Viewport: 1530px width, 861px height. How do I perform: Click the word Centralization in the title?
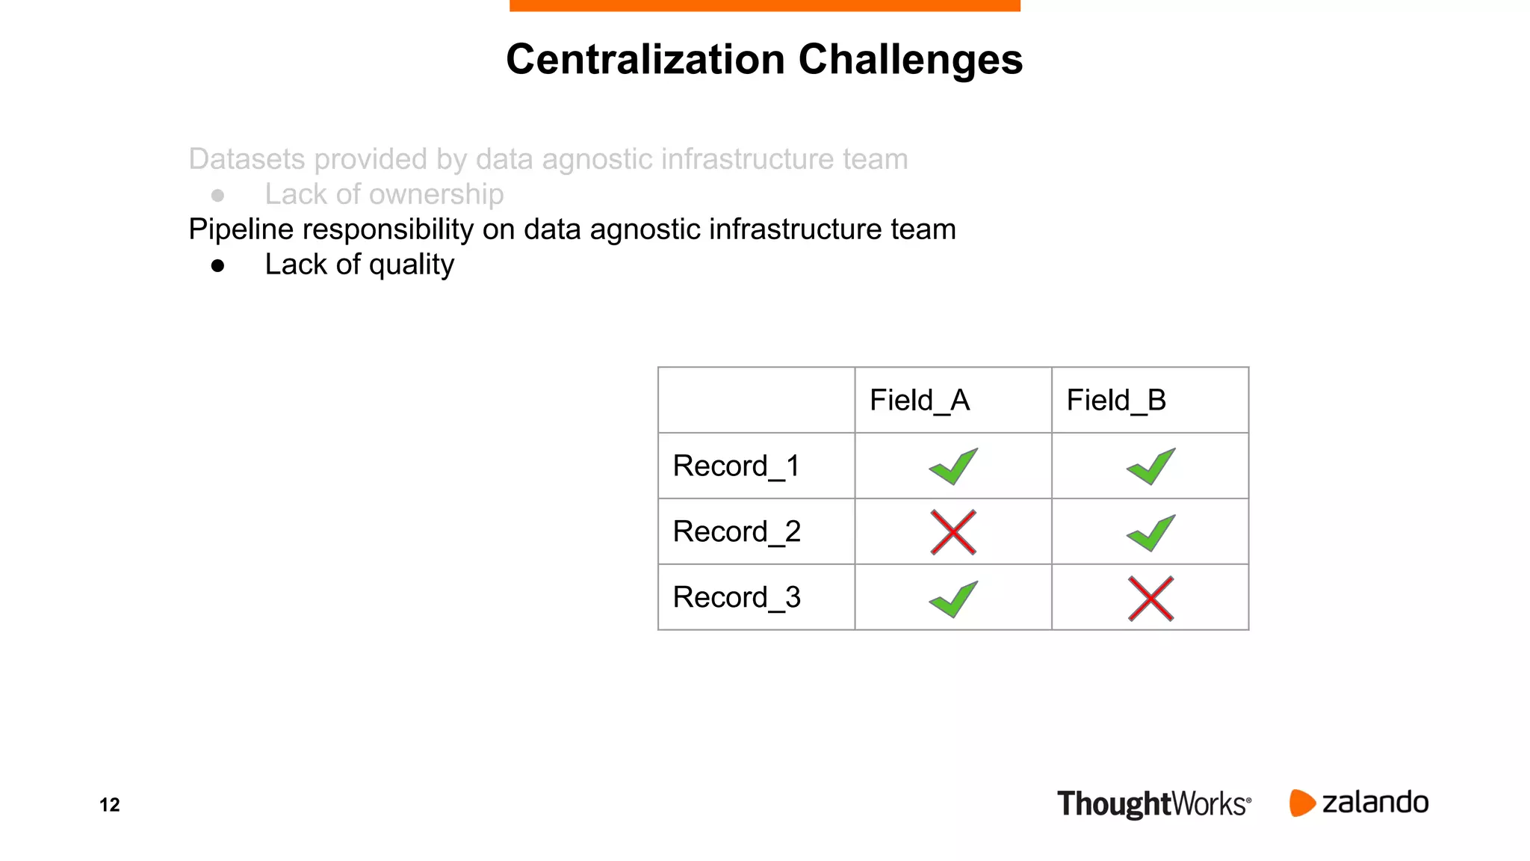pos(645,59)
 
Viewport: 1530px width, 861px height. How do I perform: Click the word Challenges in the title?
pos(911,59)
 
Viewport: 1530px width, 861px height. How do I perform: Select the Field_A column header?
pos(920,401)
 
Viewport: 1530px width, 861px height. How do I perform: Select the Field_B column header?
pos(1116,401)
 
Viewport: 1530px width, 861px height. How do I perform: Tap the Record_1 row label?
pos(737,466)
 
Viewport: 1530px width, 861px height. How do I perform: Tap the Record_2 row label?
pos(737,532)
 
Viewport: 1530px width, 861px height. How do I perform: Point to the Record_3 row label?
pos(737,598)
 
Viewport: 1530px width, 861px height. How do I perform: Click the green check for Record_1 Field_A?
pos(953,466)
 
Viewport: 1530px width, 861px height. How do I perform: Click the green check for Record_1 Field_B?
pos(1150,466)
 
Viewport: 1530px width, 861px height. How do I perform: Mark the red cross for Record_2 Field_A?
pos(953,532)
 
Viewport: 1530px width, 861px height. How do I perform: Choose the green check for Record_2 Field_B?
pos(1150,532)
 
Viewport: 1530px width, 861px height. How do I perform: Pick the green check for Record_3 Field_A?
pos(953,599)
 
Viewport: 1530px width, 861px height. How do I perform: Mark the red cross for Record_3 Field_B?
pos(1150,599)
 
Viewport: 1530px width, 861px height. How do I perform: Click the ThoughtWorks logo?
pos(1153,804)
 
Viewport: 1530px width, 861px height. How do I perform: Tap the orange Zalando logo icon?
pos(1301,803)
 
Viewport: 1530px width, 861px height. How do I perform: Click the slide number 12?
pos(110,805)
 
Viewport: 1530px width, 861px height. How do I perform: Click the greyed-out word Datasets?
pos(247,159)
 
